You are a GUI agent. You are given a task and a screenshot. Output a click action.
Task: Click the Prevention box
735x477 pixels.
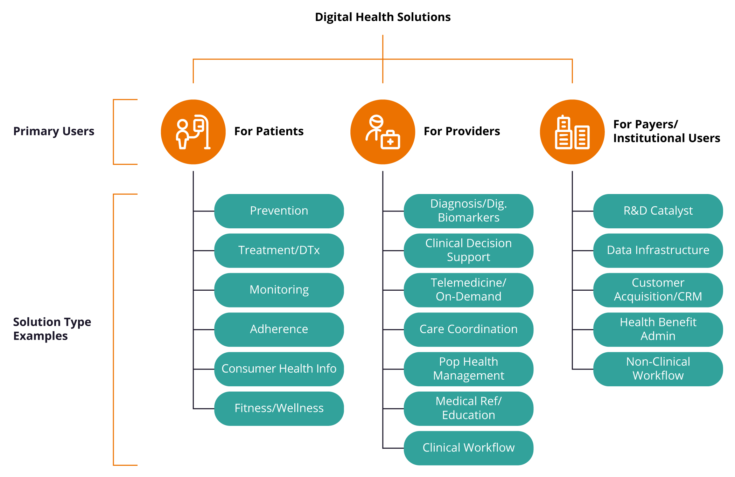tap(279, 211)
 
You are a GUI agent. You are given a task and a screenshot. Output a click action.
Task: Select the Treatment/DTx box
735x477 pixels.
tap(279, 250)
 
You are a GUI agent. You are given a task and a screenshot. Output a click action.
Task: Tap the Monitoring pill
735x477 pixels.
tap(279, 290)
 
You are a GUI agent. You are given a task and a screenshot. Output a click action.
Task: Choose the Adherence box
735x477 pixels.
tap(279, 329)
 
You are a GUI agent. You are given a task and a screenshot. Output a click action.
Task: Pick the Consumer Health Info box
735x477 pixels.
tap(279, 369)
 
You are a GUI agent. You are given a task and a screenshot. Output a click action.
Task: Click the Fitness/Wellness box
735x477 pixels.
tap(279, 408)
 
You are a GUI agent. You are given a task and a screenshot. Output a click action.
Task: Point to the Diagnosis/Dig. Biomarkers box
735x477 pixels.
tap(468, 211)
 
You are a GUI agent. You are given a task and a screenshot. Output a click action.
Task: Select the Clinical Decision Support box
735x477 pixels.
tap(468, 250)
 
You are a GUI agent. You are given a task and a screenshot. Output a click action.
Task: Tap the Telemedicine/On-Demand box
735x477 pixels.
tap(468, 290)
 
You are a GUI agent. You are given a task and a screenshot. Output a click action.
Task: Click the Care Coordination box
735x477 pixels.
tap(468, 329)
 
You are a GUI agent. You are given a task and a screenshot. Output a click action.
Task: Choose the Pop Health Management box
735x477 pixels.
tap(468, 369)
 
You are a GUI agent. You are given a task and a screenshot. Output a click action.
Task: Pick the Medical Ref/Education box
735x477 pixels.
tap(468, 408)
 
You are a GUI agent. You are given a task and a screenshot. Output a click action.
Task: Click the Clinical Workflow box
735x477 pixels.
tap(468, 448)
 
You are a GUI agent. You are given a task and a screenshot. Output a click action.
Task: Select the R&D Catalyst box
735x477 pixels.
tap(658, 211)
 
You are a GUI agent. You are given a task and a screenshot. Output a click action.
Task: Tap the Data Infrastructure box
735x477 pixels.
tap(658, 250)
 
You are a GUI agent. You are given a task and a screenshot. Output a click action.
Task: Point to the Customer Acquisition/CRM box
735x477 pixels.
tap(658, 290)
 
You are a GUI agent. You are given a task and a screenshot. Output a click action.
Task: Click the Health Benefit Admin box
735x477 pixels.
tap(658, 329)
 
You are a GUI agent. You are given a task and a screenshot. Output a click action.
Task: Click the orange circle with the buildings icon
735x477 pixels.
tap(572, 132)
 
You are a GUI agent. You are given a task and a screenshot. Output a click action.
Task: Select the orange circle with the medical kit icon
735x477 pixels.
tap(383, 132)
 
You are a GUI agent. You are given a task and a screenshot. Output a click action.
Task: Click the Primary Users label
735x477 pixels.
tap(54, 131)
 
